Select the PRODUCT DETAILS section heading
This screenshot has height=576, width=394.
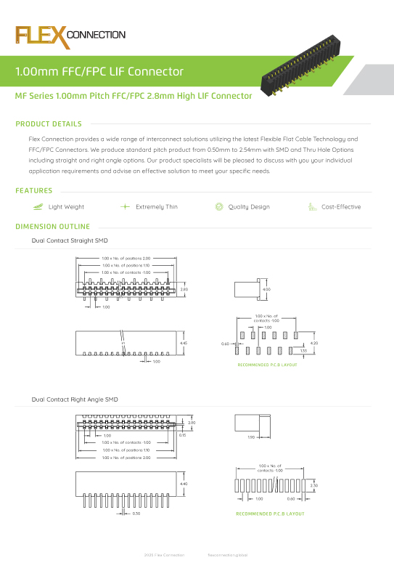tap(49, 124)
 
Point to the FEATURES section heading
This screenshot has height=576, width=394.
tap(34, 191)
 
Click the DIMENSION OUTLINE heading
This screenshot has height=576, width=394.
tap(52, 227)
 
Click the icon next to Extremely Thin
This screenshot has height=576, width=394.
tap(125, 207)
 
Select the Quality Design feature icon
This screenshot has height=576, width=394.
tap(219, 207)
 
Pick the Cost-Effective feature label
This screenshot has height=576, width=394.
tap(340, 207)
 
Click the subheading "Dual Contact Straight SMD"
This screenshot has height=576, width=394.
tap(70, 240)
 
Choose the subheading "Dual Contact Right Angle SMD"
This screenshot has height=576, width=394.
tap(75, 399)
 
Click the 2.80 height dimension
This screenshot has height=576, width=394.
tap(184, 289)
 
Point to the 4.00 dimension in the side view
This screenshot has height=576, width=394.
tap(266, 290)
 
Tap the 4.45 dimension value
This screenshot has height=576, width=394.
tap(184, 343)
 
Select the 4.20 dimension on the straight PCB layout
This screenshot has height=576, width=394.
tap(313, 343)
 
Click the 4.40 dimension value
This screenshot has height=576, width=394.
tap(184, 484)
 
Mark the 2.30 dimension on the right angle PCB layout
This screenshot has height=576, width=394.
tap(313, 484)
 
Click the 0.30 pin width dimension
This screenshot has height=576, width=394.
tap(136, 514)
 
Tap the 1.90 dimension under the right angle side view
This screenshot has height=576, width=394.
tap(251, 437)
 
